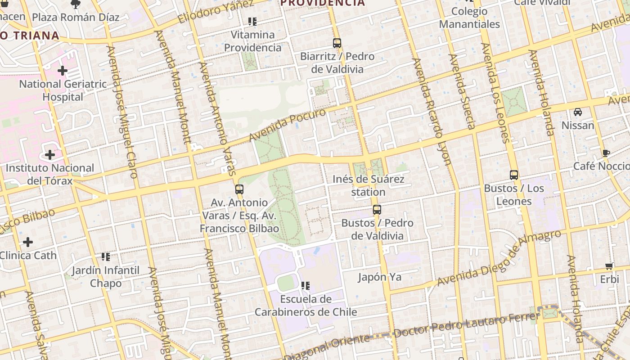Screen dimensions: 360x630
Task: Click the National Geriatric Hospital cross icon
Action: click(x=63, y=71)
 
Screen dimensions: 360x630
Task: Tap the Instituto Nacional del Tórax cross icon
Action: click(x=50, y=155)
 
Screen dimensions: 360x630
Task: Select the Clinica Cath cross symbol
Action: click(x=28, y=242)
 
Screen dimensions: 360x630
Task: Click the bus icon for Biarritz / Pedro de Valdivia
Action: click(x=337, y=43)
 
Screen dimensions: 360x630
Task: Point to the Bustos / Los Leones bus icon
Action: click(x=514, y=175)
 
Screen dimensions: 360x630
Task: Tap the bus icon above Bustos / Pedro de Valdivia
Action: click(x=377, y=210)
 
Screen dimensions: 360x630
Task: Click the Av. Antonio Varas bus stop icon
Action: click(x=239, y=189)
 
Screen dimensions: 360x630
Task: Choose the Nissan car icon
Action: click(x=578, y=112)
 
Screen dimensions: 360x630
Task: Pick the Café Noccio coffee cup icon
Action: click(x=606, y=153)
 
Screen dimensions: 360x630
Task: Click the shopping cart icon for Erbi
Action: click(x=609, y=266)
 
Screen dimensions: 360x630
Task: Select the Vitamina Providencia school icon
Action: click(x=252, y=22)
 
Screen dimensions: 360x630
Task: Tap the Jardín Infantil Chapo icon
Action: click(x=106, y=257)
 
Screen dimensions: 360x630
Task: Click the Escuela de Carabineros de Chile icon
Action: click(x=306, y=286)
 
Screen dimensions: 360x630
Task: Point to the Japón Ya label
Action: click(x=379, y=277)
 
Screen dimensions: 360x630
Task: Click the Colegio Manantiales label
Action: click(x=469, y=18)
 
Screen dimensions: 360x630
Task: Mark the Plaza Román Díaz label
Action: click(x=76, y=18)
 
